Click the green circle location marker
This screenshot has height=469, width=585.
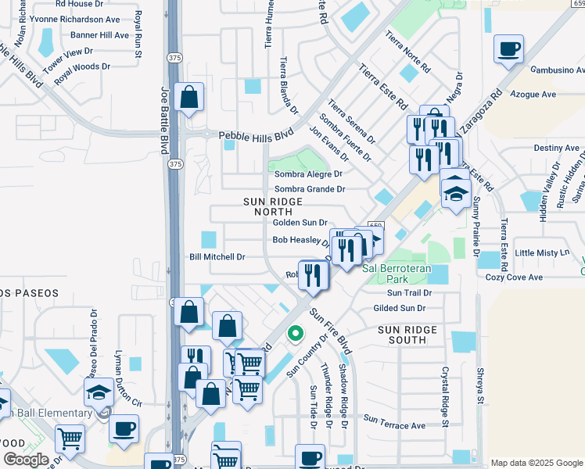coord(295,334)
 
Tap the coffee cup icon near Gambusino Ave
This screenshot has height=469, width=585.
coord(508,49)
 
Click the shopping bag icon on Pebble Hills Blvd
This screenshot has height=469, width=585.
coord(189,98)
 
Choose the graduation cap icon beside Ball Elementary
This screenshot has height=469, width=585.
coord(99,391)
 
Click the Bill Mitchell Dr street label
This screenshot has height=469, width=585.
coord(217,256)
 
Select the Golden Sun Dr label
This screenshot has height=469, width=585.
coord(300,223)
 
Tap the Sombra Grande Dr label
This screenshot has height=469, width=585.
coord(310,189)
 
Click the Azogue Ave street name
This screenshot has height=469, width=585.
coord(533,95)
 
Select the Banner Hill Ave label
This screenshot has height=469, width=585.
coord(100,35)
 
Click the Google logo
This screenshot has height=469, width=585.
coord(26,460)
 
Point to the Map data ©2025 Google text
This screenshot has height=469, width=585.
coord(537,463)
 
